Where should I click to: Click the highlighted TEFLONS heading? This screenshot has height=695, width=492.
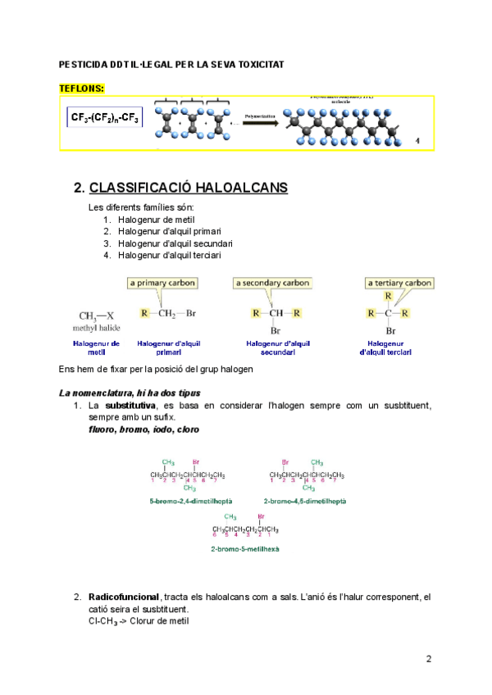(82, 87)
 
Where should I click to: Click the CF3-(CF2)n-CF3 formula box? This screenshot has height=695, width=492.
(105, 118)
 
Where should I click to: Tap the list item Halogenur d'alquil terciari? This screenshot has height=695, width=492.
(169, 255)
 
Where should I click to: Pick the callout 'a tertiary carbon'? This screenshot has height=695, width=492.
(399, 284)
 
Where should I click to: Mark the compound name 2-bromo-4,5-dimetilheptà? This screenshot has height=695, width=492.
(305, 500)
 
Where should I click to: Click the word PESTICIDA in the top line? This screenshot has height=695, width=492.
(84, 64)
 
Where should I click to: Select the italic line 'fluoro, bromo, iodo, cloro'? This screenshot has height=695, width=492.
(143, 429)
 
